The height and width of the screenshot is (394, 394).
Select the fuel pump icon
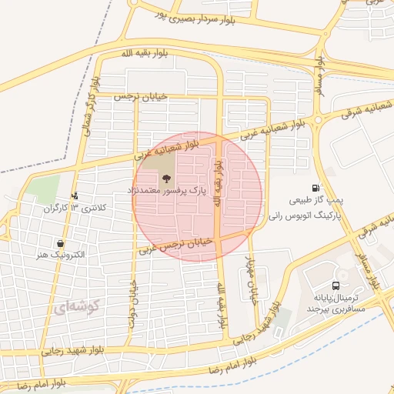[316, 189]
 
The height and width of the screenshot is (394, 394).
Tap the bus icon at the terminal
[335, 285]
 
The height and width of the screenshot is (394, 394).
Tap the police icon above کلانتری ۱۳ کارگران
[75, 195]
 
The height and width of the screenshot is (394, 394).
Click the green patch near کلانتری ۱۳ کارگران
[45, 187]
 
